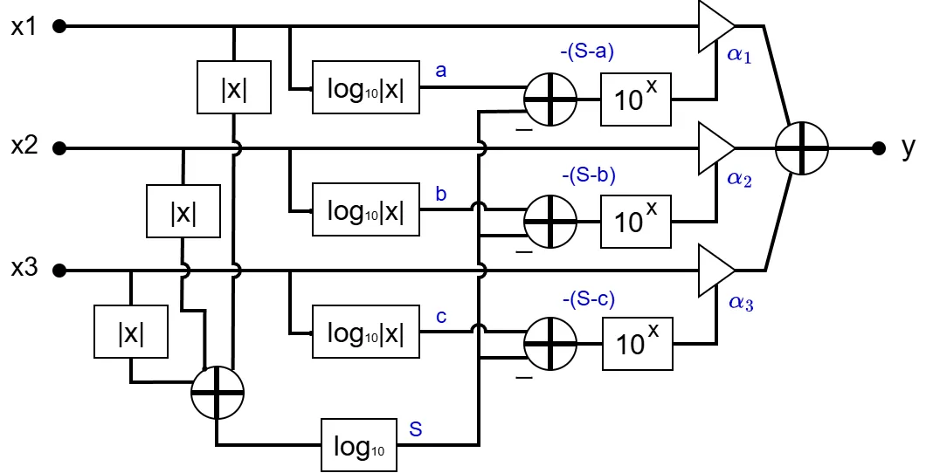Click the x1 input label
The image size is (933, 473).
(x=24, y=26)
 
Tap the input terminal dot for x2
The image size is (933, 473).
(x=59, y=148)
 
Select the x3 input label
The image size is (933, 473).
(x=24, y=269)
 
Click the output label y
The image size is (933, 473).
(x=909, y=148)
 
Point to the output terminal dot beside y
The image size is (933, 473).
(x=878, y=148)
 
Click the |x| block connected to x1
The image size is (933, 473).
(x=234, y=87)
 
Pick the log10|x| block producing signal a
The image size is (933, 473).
(x=366, y=88)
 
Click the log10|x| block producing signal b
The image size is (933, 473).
(x=366, y=210)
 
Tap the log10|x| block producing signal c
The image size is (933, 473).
(x=366, y=332)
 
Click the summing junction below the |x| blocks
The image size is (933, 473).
(x=217, y=393)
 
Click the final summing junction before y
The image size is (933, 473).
(x=801, y=148)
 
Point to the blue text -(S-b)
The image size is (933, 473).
(x=587, y=175)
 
